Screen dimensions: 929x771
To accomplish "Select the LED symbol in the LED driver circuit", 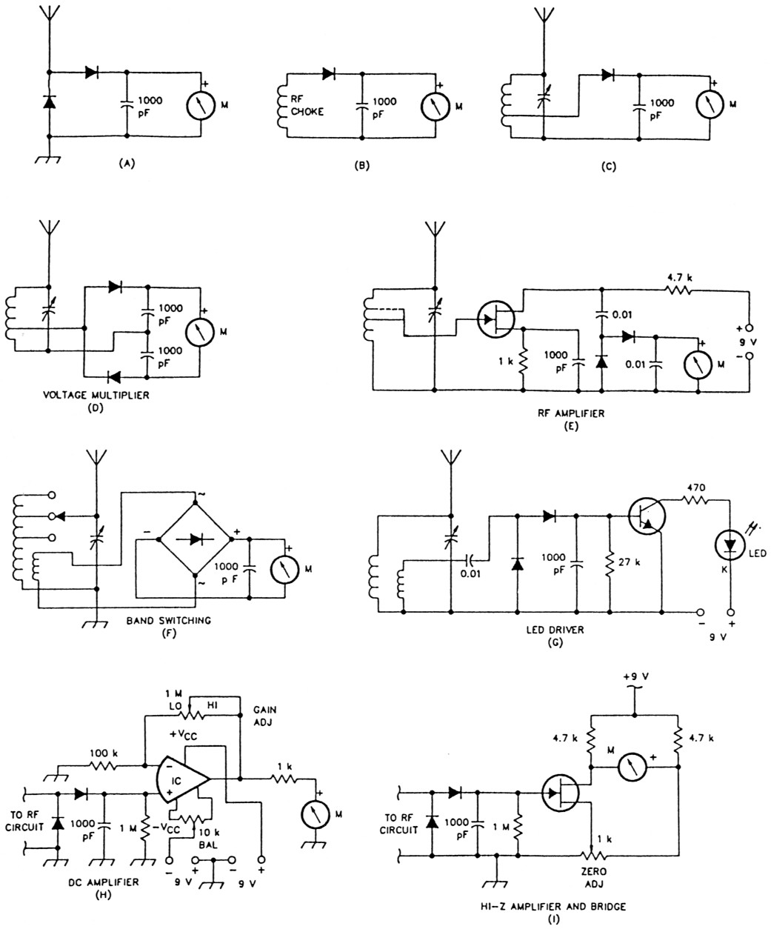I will coord(730,545).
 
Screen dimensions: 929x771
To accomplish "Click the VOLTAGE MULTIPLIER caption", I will coord(96,395).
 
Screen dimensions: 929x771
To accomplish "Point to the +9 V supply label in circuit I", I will coord(634,676).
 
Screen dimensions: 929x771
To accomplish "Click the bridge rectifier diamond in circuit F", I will coord(196,540).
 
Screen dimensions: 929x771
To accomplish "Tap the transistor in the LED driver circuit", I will coord(645,514).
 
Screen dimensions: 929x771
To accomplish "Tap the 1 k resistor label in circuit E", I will coord(506,363).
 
